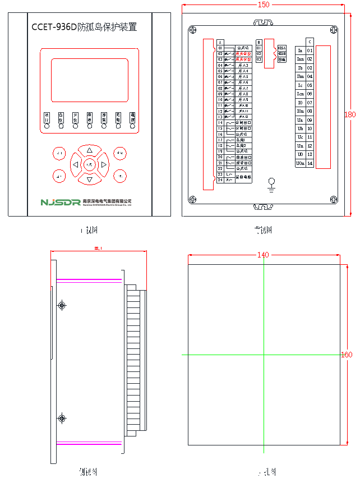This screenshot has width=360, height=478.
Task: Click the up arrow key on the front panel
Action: (x=89, y=150)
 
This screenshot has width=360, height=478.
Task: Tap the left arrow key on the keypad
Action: (x=75, y=164)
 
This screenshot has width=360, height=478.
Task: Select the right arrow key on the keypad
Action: (x=104, y=164)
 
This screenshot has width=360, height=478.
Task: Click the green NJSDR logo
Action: (x=60, y=202)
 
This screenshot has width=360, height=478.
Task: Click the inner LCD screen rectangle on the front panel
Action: (x=89, y=80)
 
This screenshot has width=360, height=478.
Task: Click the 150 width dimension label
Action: (x=263, y=4)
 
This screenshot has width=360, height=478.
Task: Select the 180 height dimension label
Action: (x=349, y=114)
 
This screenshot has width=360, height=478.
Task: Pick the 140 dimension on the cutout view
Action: (x=262, y=255)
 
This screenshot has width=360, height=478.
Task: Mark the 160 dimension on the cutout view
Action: (x=347, y=355)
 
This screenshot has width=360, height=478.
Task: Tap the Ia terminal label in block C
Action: (x=300, y=50)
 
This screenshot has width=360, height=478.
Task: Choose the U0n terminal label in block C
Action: (x=301, y=163)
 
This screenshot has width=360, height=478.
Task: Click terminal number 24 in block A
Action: (x=220, y=180)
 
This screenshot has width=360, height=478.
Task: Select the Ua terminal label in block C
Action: (x=300, y=120)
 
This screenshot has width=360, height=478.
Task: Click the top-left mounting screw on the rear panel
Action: (x=192, y=30)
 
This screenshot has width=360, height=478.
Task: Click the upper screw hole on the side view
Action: (x=62, y=305)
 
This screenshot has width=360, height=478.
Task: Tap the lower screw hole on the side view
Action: (x=62, y=419)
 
